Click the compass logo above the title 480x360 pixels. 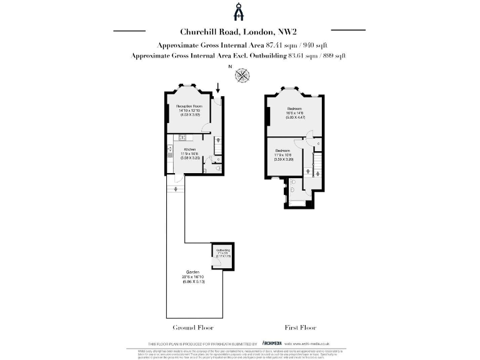pos(239,12)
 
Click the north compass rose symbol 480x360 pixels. pos(242,76)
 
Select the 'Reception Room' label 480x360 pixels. pos(189,106)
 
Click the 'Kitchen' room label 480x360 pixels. pos(190,149)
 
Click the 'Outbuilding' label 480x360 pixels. pos(223,249)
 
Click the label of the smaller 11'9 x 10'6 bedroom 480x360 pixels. pos(283,151)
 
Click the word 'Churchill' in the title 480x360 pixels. pos(198,32)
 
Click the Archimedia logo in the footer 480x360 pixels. pos(271,343)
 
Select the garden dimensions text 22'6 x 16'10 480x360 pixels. pos(192,278)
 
